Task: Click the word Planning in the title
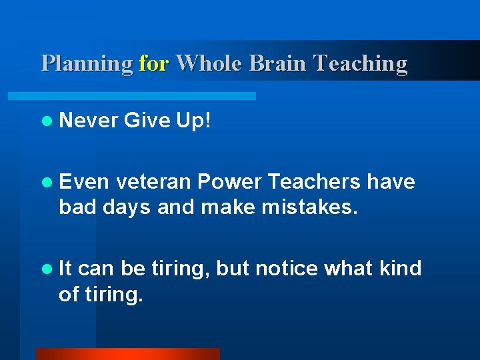(x=87, y=63)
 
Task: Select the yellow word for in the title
(x=154, y=63)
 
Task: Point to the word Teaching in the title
(x=361, y=63)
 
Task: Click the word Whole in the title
(x=209, y=63)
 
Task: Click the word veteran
(x=154, y=181)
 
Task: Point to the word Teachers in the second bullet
(x=312, y=181)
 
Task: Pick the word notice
(x=286, y=268)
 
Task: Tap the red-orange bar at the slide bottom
(x=127, y=354)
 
